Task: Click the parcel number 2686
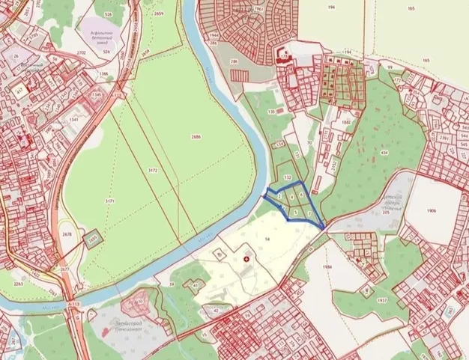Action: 196,137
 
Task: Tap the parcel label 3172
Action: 153,171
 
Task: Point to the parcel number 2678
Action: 67,234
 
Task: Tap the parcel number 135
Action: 270,112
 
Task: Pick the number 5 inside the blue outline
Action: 297,212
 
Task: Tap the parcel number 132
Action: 288,177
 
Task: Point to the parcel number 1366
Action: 103,74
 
